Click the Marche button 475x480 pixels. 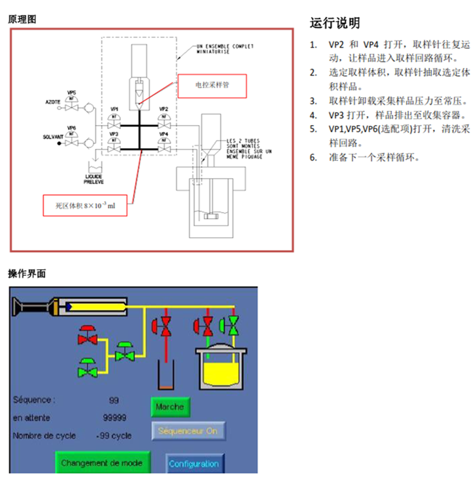(170, 407)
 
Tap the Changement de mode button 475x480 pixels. (102, 463)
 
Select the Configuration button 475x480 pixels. (194, 464)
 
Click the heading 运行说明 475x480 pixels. (335, 24)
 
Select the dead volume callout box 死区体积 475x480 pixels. (85, 205)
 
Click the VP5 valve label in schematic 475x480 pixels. (71, 92)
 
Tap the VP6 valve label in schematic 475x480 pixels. (71, 128)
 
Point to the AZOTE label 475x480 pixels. (52, 101)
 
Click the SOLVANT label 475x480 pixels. (52, 137)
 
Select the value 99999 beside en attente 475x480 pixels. (115, 417)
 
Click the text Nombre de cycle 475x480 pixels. (45, 436)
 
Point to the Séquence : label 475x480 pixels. (35, 400)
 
